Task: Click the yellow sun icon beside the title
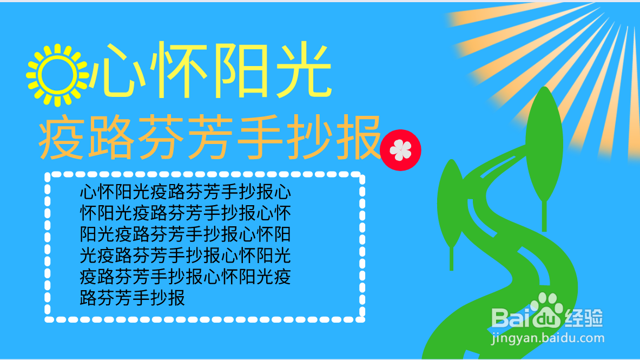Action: pyautogui.click(x=57, y=75)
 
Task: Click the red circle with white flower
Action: pyautogui.click(x=400, y=150)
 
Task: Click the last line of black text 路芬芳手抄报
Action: pyautogui.click(x=133, y=298)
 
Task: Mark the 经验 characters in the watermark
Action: pyautogui.click(x=584, y=317)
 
